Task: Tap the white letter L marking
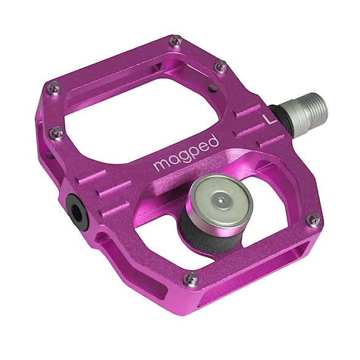268,118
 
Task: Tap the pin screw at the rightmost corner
314,219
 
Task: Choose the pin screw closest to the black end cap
57,130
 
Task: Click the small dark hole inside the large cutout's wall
212,87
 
